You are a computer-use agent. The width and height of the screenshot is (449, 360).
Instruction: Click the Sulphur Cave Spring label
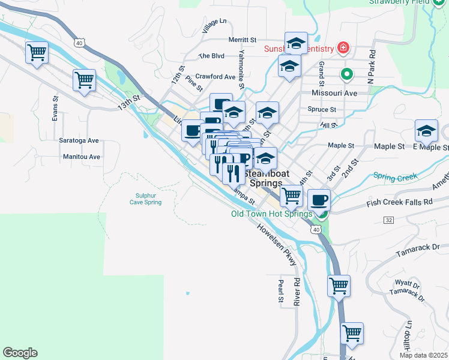[x=145, y=199]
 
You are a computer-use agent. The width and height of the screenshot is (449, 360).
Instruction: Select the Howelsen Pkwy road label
[x=277, y=245]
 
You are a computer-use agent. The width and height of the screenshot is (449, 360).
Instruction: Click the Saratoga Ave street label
[x=79, y=140]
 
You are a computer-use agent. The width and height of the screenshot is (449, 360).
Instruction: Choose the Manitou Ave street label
[x=82, y=157]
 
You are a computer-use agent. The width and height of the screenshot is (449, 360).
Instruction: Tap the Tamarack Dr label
[x=419, y=247]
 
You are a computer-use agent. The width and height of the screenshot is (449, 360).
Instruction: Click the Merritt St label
[x=243, y=40]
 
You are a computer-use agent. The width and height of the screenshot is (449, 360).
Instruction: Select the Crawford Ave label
[x=215, y=77]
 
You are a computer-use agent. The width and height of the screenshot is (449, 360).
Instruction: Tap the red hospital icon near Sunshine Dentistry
[x=343, y=47]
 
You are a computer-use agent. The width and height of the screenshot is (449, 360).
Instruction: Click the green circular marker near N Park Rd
[x=346, y=75]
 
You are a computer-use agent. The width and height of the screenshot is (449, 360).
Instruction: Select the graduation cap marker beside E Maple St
[x=426, y=131]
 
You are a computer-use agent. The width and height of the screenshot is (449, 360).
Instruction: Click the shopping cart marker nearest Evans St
[x=84, y=79]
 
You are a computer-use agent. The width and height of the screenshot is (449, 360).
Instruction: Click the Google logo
[x=20, y=353]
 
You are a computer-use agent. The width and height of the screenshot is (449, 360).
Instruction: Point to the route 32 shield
[x=388, y=220]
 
